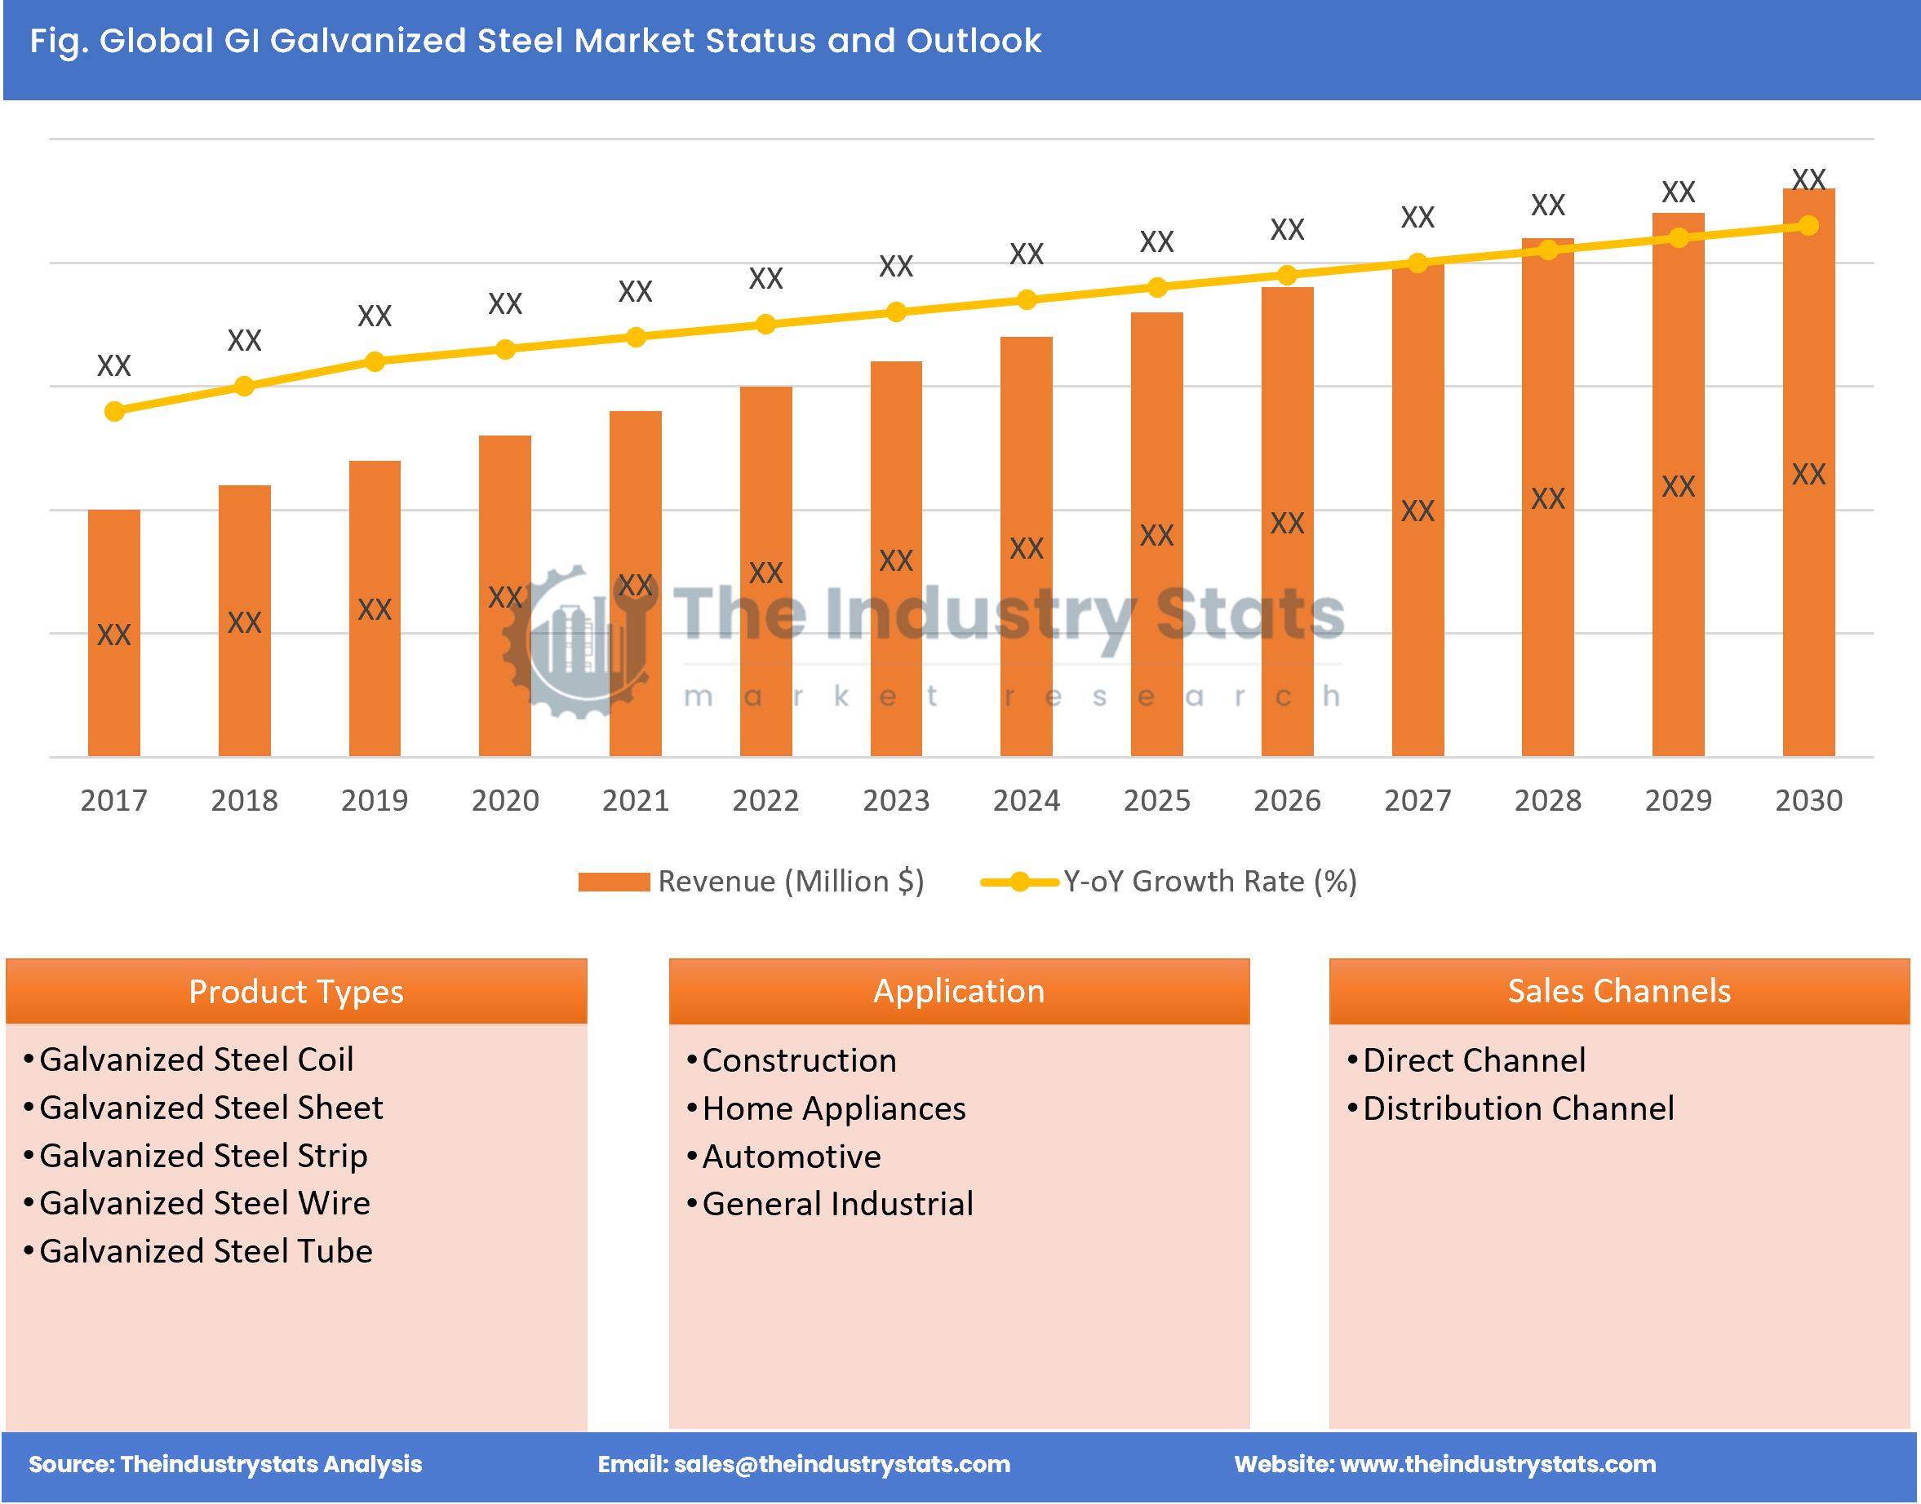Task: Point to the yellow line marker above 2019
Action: (x=375, y=362)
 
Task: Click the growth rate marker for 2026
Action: (x=1287, y=276)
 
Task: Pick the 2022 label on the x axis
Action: (x=765, y=800)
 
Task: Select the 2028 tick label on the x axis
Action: (x=1547, y=800)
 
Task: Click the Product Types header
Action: (x=296, y=992)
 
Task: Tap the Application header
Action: (x=958, y=992)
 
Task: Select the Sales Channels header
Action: (x=1619, y=992)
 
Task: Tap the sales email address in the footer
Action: (x=841, y=1464)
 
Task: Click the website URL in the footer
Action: (x=1497, y=1464)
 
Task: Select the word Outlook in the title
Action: (x=974, y=41)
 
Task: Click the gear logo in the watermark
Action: (x=577, y=643)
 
